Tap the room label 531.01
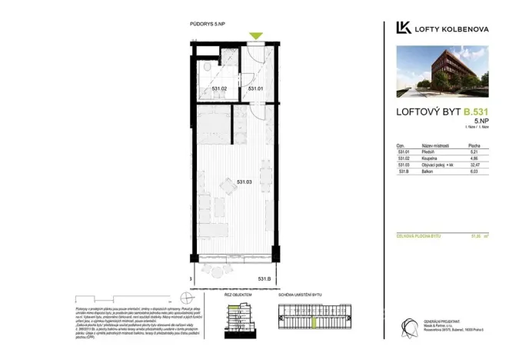point(256,89)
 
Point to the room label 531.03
point(245,182)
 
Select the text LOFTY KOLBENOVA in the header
point(453,29)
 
